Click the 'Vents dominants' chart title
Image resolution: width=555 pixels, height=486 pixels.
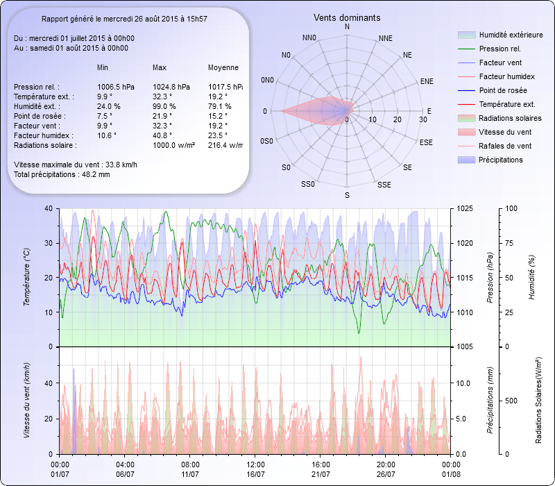click(x=347, y=17)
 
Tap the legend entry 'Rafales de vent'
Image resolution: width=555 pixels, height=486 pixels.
click(x=504, y=146)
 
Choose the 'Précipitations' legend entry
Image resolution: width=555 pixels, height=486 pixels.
click(x=500, y=160)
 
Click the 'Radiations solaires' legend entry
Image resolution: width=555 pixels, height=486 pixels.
click(x=509, y=118)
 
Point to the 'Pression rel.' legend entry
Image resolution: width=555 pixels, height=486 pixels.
click(x=499, y=49)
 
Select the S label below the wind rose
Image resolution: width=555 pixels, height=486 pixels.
click(x=347, y=195)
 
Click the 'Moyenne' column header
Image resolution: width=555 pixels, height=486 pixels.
click(x=223, y=68)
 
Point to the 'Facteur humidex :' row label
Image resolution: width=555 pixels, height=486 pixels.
click(x=45, y=135)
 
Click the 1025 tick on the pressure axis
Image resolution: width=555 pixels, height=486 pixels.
click(x=465, y=208)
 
